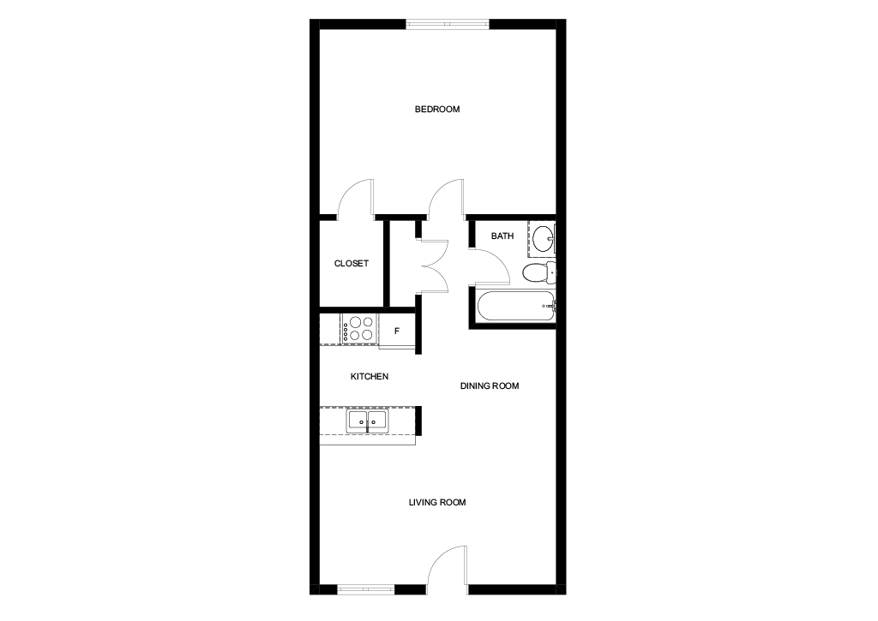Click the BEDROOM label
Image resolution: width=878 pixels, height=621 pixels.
click(x=436, y=109)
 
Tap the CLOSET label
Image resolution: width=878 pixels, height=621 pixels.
click(x=351, y=264)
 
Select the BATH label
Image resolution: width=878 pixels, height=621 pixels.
click(x=502, y=236)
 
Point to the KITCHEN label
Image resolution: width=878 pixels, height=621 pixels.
click(x=369, y=377)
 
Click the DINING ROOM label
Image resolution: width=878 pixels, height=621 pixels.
click(x=490, y=386)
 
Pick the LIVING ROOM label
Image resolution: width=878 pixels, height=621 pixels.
click(x=436, y=503)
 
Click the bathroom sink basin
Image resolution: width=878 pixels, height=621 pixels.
click(x=542, y=239)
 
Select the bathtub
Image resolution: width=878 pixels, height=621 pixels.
click(x=515, y=306)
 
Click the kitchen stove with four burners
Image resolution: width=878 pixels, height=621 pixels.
click(x=358, y=329)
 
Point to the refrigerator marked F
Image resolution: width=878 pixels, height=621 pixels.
click(x=397, y=331)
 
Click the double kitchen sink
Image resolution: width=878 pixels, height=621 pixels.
click(x=367, y=421)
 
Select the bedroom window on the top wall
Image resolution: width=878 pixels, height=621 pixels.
click(x=448, y=24)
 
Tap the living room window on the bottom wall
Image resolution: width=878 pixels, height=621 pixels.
click(x=366, y=588)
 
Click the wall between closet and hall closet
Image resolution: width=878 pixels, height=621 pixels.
click(x=387, y=264)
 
